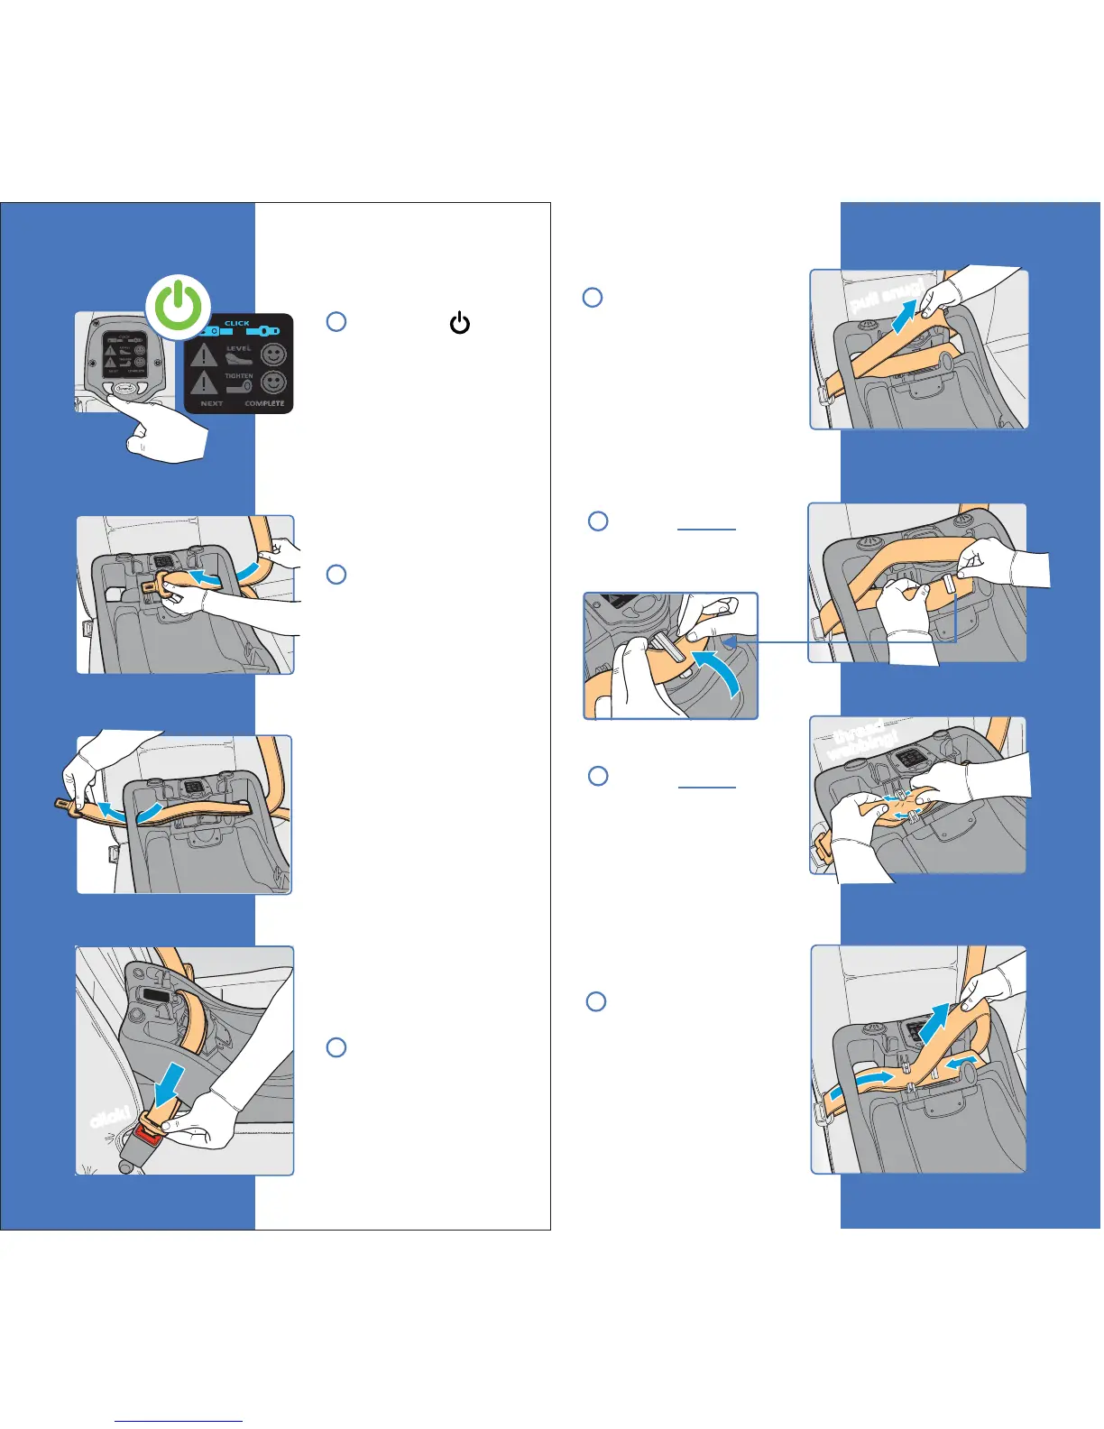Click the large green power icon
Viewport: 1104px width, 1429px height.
(179, 306)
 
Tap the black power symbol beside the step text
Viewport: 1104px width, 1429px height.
(460, 322)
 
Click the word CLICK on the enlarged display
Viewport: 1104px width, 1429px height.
(237, 323)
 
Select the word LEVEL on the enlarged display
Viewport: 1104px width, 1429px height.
(239, 348)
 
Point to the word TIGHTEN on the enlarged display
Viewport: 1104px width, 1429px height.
(239, 375)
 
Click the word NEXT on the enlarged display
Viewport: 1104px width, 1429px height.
(212, 403)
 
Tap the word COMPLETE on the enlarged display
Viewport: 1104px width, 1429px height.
(264, 403)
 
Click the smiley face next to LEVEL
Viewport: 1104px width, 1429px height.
(273, 355)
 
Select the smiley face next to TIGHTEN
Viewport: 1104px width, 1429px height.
(273, 383)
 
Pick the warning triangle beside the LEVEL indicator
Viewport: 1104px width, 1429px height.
(203, 355)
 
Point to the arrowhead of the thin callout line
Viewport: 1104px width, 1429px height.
(730, 641)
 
